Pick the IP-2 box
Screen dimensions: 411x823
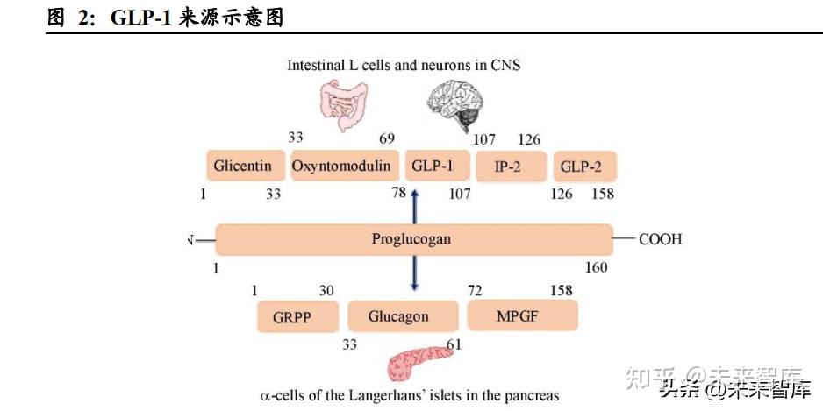point(506,166)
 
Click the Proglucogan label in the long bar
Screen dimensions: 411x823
point(412,239)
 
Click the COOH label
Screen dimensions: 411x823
point(660,239)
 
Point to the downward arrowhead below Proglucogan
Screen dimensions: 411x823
point(413,286)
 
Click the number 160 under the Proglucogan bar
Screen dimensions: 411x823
point(596,267)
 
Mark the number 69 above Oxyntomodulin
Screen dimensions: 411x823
point(386,138)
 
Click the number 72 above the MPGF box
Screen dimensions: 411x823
point(475,290)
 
